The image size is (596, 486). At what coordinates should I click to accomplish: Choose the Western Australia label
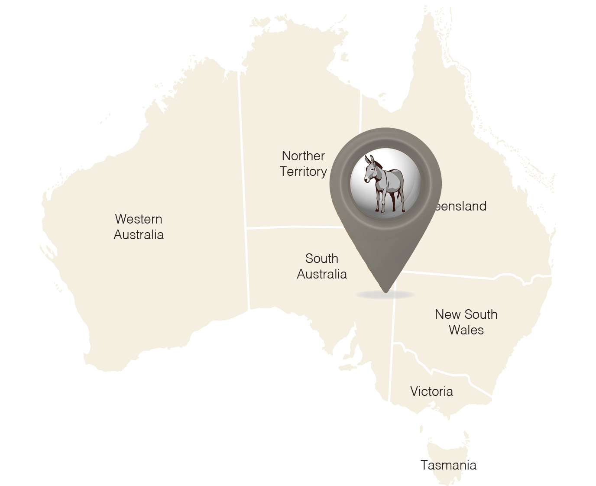pyautogui.click(x=139, y=227)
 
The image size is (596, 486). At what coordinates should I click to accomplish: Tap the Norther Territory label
pyautogui.click(x=303, y=163)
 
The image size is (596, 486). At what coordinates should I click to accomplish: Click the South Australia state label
pyautogui.click(x=322, y=266)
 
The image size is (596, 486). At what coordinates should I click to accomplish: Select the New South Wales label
pyautogui.click(x=466, y=322)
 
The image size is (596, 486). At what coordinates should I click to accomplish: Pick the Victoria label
pyautogui.click(x=431, y=392)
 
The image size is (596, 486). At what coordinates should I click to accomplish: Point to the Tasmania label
pyautogui.click(x=449, y=465)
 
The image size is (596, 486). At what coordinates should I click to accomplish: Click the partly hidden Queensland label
pyautogui.click(x=460, y=206)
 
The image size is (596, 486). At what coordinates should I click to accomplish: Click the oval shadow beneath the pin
pyautogui.click(x=385, y=295)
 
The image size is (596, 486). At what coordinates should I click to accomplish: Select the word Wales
pyautogui.click(x=466, y=330)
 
